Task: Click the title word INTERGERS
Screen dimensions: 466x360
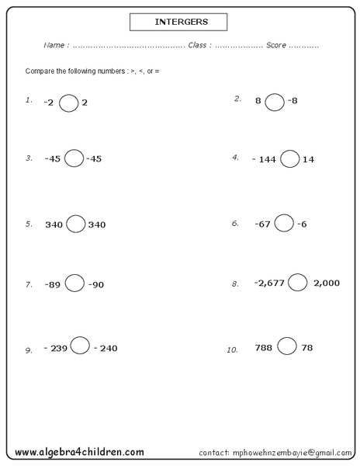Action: click(x=178, y=22)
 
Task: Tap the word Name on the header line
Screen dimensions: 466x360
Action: click(x=55, y=45)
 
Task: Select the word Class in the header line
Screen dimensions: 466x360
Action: click(x=197, y=45)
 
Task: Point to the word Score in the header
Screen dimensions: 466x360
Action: click(x=276, y=45)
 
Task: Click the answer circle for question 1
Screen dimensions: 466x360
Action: click(x=68, y=102)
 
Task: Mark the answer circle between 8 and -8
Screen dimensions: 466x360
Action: click(x=275, y=101)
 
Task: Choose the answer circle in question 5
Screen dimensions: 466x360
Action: click(x=75, y=224)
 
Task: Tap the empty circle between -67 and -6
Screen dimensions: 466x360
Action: click(x=284, y=223)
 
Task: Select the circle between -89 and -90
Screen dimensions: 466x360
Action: click(x=74, y=283)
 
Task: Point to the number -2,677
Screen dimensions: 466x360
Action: click(x=269, y=283)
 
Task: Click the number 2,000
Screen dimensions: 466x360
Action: click(x=327, y=283)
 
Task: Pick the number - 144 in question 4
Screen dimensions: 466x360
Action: click(x=265, y=159)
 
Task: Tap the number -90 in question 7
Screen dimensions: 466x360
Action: click(x=95, y=285)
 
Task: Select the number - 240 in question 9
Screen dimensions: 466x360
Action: click(x=106, y=348)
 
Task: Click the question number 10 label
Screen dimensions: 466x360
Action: click(x=231, y=349)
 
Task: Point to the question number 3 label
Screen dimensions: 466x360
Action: click(x=29, y=158)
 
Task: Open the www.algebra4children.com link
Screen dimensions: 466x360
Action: click(x=79, y=451)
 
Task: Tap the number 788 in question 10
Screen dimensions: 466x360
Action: click(x=263, y=348)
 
